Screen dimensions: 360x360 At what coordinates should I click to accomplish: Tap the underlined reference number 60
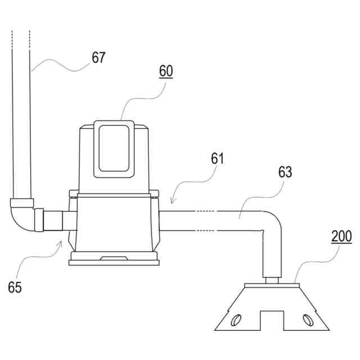[x=166, y=71]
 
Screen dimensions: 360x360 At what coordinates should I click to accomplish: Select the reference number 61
[x=217, y=159]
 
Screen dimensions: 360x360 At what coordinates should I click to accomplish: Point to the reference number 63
[x=285, y=173]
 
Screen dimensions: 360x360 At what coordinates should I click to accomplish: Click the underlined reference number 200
[x=341, y=236]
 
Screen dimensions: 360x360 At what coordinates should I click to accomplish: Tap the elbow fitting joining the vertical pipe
[x=21, y=217]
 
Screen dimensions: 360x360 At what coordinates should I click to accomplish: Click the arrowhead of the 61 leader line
[x=172, y=201]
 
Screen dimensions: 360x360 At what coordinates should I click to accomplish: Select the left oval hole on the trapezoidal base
[x=233, y=321]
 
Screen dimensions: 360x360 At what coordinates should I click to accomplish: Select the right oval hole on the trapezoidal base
[x=307, y=320]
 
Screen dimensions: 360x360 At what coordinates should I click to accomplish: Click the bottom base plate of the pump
[x=114, y=260]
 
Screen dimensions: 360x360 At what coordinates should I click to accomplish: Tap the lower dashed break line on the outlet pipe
[x=206, y=231]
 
